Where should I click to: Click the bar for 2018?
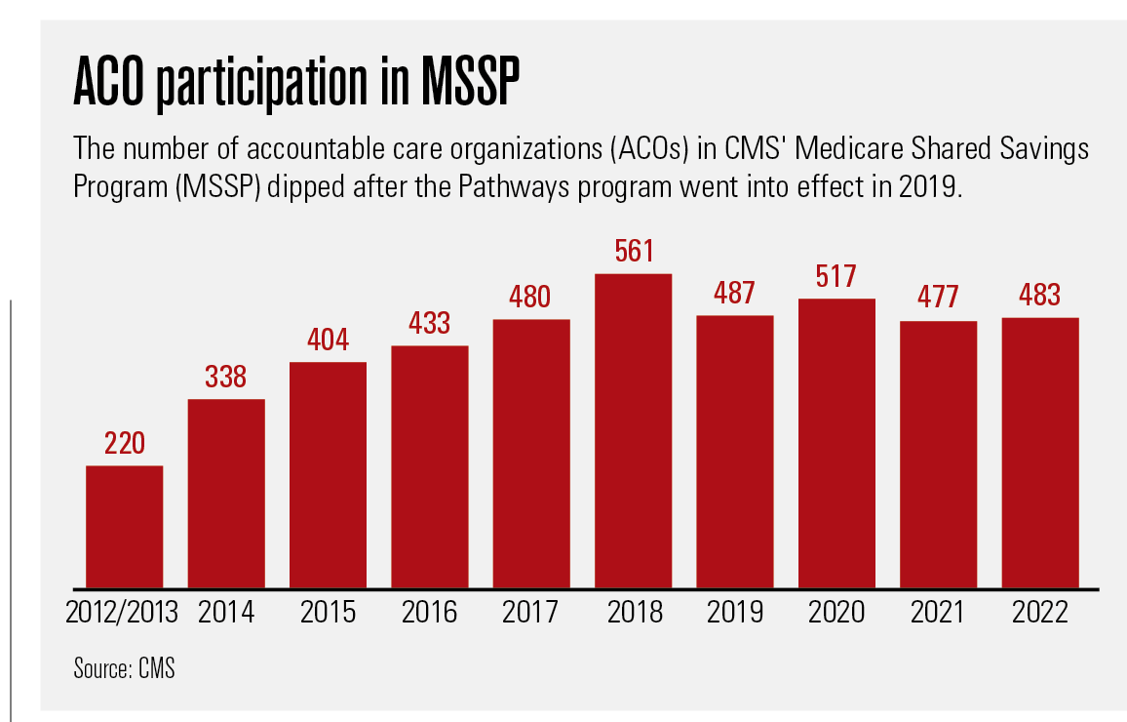[x=634, y=430]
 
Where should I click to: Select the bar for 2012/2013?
[x=124, y=527]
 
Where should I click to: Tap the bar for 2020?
[x=836, y=443]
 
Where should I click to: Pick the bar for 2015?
[x=328, y=475]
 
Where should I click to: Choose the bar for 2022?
[x=1040, y=453]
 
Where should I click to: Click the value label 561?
[x=634, y=253]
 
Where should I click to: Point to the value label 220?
[x=124, y=444]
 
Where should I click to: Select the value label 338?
[x=226, y=378]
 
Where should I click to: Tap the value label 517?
[x=836, y=277]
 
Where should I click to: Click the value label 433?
[x=429, y=324]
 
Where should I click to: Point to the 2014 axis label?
[x=226, y=613]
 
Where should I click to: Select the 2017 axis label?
[x=531, y=613]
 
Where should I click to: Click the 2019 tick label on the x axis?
[x=735, y=613]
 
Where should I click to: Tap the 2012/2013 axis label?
[x=123, y=613]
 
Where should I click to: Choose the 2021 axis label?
[x=938, y=613]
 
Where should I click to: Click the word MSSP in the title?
[x=467, y=88]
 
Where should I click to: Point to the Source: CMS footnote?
[x=124, y=669]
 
